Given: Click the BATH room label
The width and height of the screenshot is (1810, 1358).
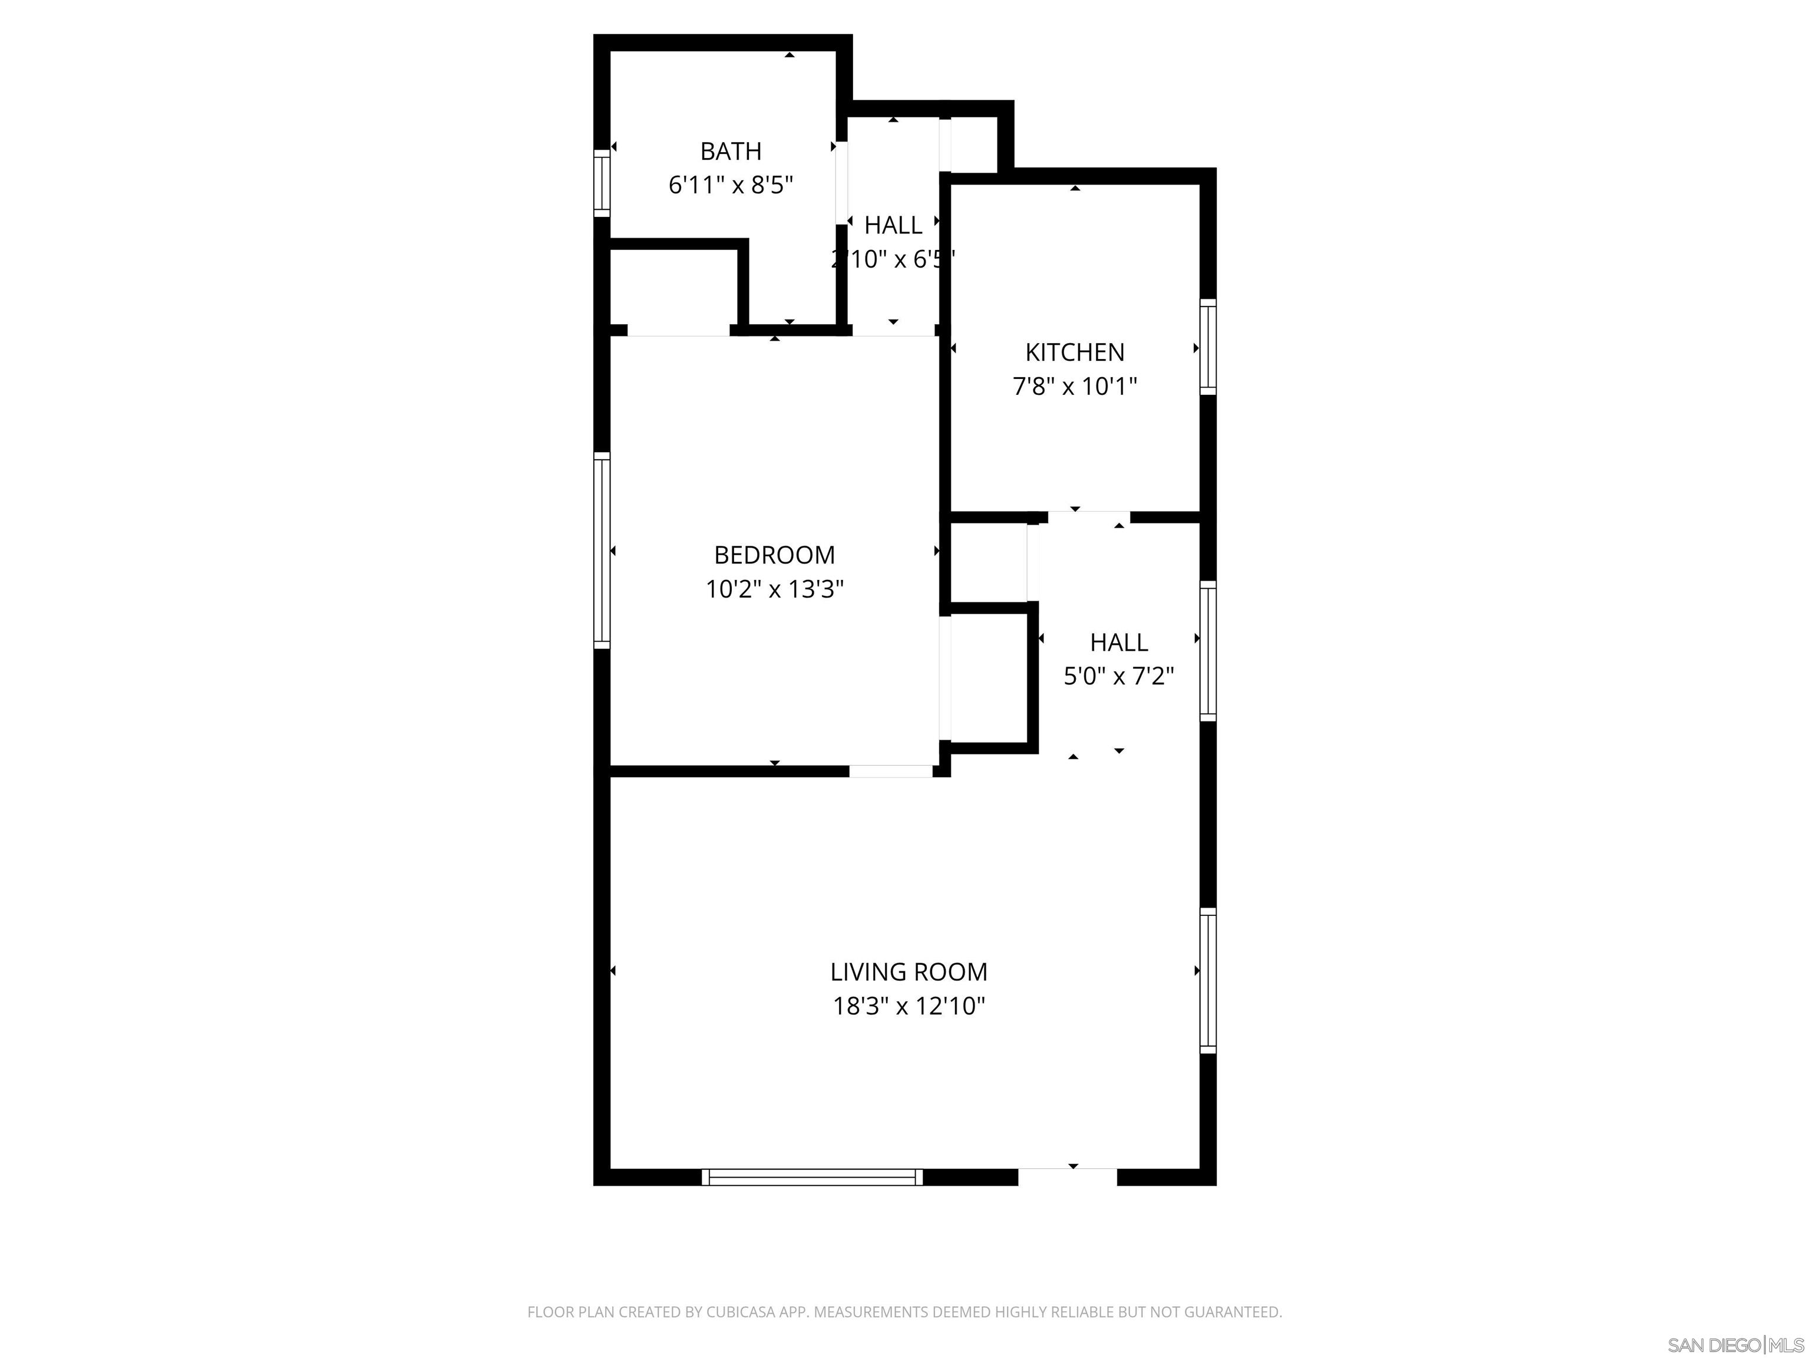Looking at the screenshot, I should (x=731, y=151).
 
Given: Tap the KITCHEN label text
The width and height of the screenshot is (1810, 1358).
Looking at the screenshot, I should (x=1074, y=352).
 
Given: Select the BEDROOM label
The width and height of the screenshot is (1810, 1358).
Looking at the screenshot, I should (x=774, y=555).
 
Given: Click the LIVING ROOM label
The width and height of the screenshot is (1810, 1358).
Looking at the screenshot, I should (x=909, y=971).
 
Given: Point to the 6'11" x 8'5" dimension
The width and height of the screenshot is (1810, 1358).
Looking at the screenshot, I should (x=731, y=186).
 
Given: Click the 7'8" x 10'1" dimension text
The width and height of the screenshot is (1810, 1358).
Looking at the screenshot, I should (x=1074, y=387).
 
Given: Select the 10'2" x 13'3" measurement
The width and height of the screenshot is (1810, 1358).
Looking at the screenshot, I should (x=774, y=589).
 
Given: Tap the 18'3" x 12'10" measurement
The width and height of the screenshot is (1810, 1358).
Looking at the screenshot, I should (x=909, y=1006).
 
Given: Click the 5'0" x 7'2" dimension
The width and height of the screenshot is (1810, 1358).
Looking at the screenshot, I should (x=1118, y=676).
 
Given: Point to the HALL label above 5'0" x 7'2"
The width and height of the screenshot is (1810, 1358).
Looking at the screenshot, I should (x=1118, y=642).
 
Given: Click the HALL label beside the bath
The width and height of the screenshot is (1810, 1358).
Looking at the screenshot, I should (x=893, y=225).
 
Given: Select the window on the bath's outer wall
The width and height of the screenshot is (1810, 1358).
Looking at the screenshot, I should (x=602, y=183).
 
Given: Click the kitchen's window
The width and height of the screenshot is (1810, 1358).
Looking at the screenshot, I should (x=1208, y=347).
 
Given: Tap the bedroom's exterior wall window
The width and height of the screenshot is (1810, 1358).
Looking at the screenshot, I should (x=602, y=550).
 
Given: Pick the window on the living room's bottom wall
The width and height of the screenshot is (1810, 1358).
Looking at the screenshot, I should (x=812, y=1177).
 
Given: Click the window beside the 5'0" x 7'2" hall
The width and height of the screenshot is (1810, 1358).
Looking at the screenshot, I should (x=1208, y=651).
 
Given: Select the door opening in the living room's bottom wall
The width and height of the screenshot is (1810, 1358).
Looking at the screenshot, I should (x=1067, y=1176).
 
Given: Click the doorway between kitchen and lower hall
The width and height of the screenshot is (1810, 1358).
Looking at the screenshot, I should (x=1088, y=516).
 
